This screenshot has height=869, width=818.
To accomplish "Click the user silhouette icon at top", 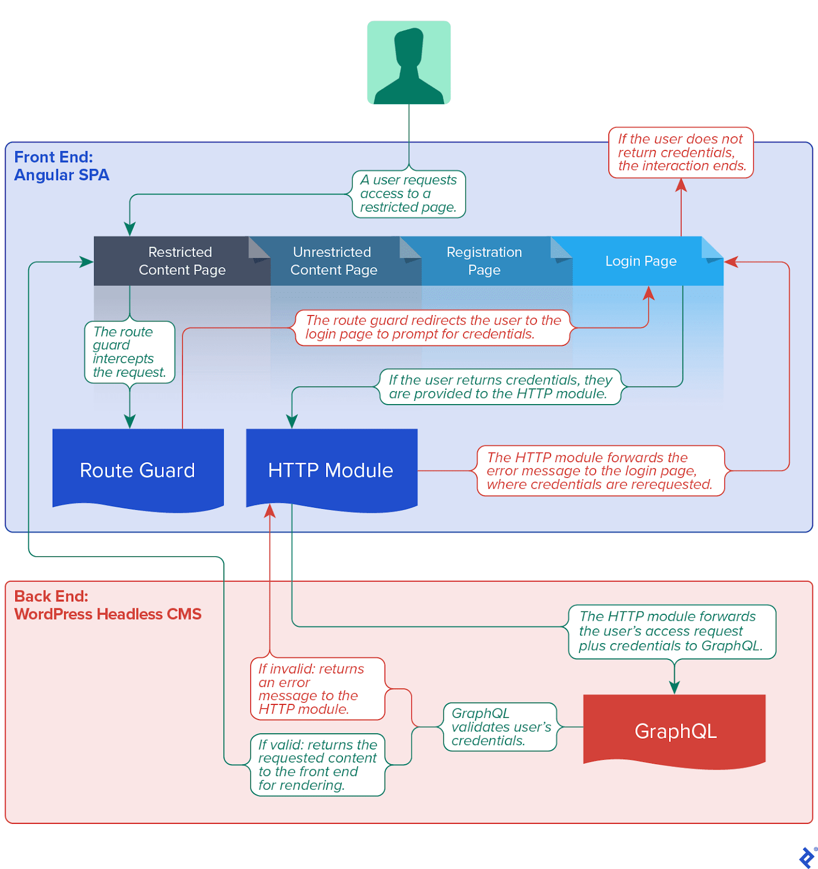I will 409,62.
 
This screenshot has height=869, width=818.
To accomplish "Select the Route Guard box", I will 138,470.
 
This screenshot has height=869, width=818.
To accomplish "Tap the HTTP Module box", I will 331,470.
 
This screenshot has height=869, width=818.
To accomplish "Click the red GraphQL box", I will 675,731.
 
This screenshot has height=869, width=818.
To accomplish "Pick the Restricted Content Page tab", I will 182,261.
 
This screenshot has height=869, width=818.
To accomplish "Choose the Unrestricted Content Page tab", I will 333,261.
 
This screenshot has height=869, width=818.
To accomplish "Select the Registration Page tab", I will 484,261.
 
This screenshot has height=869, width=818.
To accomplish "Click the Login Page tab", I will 641,261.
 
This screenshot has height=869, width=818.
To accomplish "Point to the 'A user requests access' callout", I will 409,194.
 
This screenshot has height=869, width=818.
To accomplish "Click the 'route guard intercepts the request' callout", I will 129,352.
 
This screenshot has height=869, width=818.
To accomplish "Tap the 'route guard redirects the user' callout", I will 433,328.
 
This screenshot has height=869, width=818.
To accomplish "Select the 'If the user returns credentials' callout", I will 499,387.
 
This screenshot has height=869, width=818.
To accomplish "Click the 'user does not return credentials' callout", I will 681,153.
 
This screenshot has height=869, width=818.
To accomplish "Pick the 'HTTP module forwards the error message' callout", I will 600,471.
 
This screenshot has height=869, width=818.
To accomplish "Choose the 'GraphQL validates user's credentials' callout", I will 500,727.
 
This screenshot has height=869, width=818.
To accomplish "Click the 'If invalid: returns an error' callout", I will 317,689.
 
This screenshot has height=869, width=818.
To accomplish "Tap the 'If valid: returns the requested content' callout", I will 317,765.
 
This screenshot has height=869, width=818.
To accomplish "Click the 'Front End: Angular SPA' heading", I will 61,166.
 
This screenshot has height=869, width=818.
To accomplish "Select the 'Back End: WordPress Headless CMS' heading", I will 108,605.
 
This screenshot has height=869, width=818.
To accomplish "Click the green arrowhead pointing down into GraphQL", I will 675,687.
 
